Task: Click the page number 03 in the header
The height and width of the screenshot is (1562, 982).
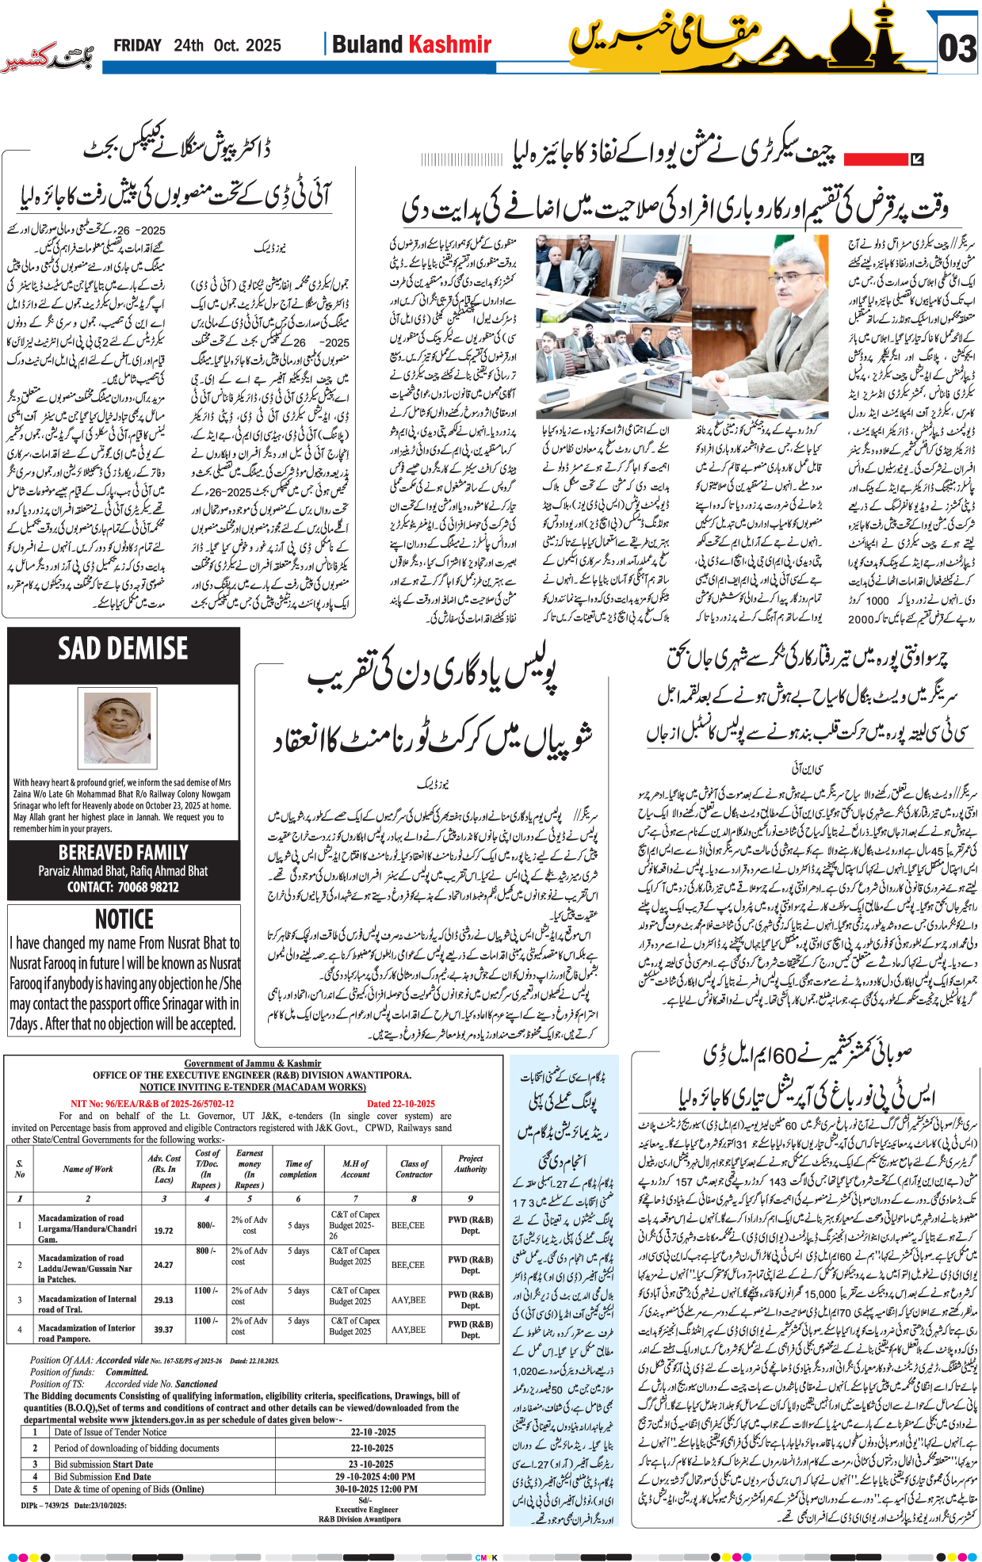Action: [x=957, y=48]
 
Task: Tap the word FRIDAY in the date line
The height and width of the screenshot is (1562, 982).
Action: [x=137, y=46]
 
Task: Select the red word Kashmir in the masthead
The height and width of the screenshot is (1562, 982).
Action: [x=451, y=44]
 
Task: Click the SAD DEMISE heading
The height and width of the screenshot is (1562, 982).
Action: [x=123, y=649]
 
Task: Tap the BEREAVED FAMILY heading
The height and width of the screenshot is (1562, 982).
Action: [x=123, y=853]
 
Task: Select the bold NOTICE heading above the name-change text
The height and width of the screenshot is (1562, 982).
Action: [x=124, y=919]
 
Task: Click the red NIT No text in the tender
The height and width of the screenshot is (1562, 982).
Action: [x=152, y=1104]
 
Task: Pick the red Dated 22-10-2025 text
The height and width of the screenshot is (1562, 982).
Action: [x=400, y=1104]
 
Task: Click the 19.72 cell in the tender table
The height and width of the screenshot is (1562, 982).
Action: [x=163, y=1231]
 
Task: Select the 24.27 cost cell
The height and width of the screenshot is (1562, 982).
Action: [x=163, y=1265]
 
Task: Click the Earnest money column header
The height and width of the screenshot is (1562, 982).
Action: [x=249, y=1169]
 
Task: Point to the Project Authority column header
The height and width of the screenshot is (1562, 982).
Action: [x=470, y=1163]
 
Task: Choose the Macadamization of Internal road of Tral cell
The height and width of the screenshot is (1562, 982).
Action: [x=87, y=1304]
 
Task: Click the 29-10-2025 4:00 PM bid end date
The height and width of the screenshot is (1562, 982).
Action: [x=375, y=1476]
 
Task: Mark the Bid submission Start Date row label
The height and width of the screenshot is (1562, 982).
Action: [x=102, y=1465]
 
